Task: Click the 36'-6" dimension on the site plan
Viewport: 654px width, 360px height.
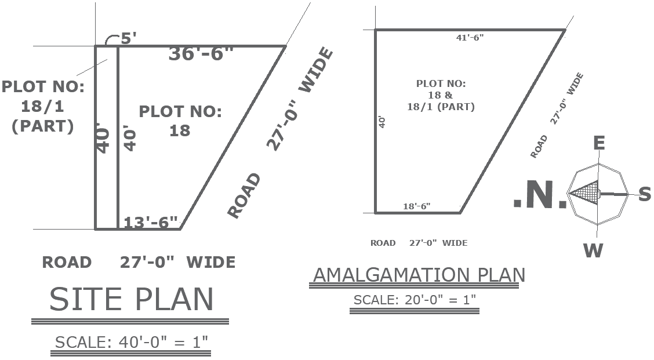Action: coord(201,54)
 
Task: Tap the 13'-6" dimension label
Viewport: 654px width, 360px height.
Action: coord(151,223)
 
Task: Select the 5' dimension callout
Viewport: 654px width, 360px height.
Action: coord(129,39)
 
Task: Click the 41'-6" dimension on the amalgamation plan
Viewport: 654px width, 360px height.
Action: coord(470,38)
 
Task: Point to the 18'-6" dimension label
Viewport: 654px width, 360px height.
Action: coord(417,206)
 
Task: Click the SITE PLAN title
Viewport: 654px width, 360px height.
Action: coord(132,299)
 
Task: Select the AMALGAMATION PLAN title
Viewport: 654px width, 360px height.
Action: coord(419,275)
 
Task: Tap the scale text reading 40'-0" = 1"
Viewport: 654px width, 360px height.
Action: coord(132,342)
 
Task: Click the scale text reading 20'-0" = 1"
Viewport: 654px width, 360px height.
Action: coord(415,300)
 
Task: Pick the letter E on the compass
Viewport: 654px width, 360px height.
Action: coord(599,143)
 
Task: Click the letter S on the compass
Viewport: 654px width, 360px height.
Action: coord(645,195)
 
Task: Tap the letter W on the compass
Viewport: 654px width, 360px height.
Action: coord(593,250)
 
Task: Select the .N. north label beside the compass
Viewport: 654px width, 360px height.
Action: coord(540,196)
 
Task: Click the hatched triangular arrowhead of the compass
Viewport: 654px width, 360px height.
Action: coord(584,193)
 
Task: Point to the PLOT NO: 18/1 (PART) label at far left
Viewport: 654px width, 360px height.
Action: coord(43,107)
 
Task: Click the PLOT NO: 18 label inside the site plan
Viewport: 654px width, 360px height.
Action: coord(180,121)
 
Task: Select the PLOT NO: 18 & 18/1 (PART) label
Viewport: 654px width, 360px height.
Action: coord(441,95)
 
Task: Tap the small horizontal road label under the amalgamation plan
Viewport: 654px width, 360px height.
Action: coord(419,243)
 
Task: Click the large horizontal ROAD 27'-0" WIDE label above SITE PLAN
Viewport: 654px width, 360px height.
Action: coord(139,262)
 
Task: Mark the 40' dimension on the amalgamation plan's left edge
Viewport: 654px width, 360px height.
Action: coord(381,122)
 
